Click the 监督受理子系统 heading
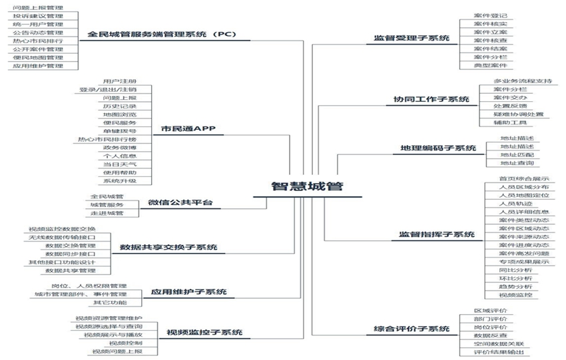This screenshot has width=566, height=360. (x=408, y=39)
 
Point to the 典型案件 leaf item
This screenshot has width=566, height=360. (x=490, y=65)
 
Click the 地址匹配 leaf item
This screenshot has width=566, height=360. (x=517, y=154)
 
